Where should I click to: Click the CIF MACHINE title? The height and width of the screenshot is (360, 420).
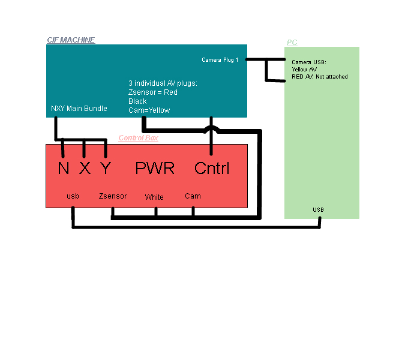point(71,40)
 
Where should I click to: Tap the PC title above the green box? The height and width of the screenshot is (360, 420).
point(292,43)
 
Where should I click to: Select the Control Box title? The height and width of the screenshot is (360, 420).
point(138,138)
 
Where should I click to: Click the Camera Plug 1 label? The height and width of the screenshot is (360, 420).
point(220,60)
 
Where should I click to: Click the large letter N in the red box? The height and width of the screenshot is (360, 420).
point(64,169)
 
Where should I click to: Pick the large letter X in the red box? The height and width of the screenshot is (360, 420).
point(85,169)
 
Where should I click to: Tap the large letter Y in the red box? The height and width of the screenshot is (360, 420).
point(106,169)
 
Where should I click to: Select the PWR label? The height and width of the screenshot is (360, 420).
point(155,169)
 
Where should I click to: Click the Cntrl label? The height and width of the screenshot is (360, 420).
point(212,169)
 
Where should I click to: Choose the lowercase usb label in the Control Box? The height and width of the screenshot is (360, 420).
point(73,196)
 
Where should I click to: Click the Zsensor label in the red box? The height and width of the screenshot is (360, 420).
point(113,196)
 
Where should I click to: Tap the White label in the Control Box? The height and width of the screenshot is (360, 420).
point(154,197)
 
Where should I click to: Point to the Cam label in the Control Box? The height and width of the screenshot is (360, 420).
point(193,196)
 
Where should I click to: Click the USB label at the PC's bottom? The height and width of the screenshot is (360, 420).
point(318,209)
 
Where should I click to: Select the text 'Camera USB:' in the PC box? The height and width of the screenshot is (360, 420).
point(308,62)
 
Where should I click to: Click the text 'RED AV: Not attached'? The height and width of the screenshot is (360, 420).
point(320,77)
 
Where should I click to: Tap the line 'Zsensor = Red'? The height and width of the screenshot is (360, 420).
point(153,92)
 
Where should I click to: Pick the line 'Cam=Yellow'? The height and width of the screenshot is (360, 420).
point(149,110)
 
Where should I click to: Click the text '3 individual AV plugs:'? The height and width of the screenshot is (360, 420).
point(163,83)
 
